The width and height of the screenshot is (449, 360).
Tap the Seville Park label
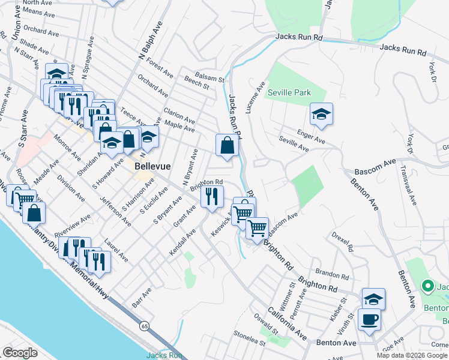[x=289, y=93]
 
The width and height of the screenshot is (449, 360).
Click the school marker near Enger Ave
[x=321, y=114]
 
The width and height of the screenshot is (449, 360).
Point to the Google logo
[x=20, y=353]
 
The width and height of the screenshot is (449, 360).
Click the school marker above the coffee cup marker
[x=373, y=299]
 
